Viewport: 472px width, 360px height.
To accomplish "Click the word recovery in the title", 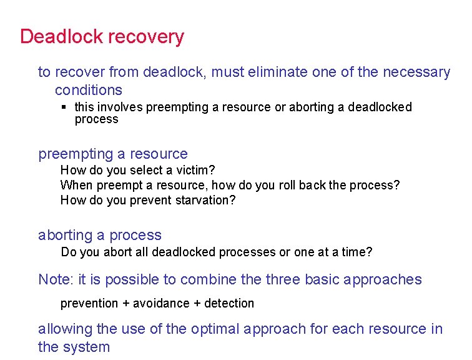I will [147, 37].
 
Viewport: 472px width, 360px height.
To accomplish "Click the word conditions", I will [89, 90].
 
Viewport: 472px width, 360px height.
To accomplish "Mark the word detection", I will [229, 304].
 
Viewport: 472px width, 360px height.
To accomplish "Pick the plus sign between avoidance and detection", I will [194, 304].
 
